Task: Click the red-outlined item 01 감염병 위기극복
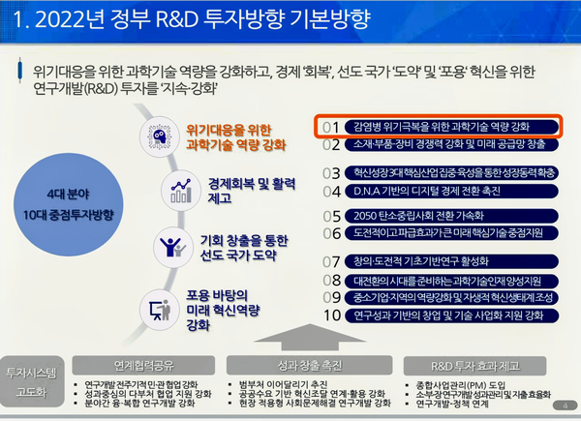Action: coord(441,127)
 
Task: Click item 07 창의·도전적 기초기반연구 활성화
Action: coord(441,261)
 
